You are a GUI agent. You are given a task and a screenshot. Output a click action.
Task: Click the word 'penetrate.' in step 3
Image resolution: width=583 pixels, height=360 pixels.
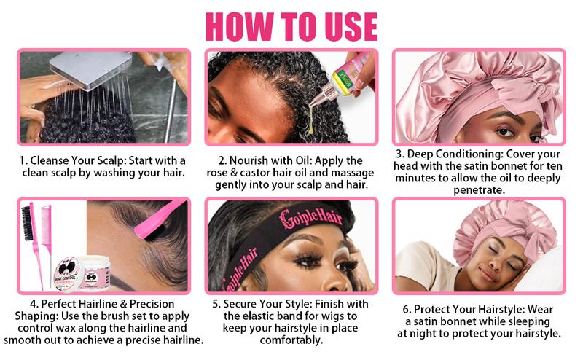pyautogui.click(x=479, y=189)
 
